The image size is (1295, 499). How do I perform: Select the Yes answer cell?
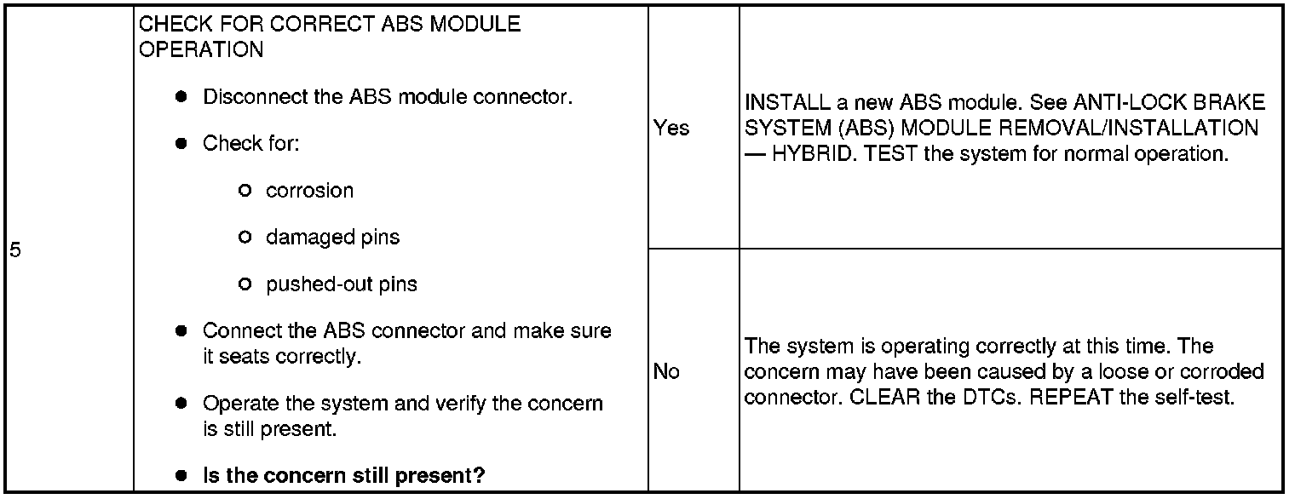pyautogui.click(x=671, y=129)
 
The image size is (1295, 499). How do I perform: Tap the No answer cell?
pyautogui.click(x=666, y=371)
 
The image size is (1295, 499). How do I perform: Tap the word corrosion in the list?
pyautogui.click(x=309, y=191)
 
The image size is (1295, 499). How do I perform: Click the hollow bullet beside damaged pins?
pyautogui.click(x=245, y=238)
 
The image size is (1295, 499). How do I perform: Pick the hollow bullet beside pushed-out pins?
pyautogui.click(x=245, y=284)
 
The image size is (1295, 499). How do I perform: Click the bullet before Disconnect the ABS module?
pyautogui.click(x=181, y=97)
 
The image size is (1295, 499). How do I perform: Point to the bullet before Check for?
pyautogui.click(x=181, y=144)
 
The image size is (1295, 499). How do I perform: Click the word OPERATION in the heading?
pyautogui.click(x=201, y=49)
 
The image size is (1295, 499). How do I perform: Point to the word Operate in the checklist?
pyautogui.click(x=236, y=403)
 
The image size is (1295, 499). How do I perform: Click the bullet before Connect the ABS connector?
pyautogui.click(x=181, y=330)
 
